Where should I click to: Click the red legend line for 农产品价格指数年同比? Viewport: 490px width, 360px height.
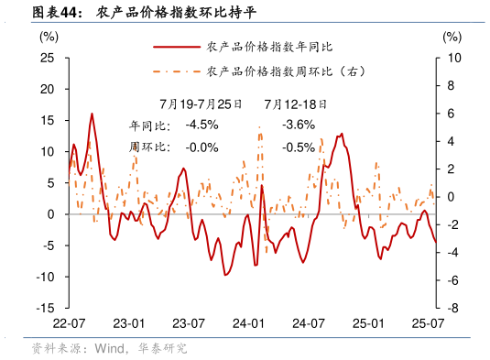click(175, 46)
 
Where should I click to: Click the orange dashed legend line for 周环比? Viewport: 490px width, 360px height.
click(175, 71)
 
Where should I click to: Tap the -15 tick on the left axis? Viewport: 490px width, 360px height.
click(46, 309)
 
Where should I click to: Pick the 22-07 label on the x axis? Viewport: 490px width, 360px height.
click(69, 324)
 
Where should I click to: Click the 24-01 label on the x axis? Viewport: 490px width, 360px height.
click(249, 324)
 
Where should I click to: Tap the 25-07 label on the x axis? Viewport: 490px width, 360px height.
click(428, 324)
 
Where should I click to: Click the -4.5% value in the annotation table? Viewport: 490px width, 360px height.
click(201, 125)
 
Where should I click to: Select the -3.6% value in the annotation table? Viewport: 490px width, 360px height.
click(299, 125)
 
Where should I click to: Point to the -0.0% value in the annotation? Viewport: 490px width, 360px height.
click(201, 147)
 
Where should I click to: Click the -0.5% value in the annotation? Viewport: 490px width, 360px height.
click(299, 147)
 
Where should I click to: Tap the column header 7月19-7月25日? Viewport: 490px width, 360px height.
click(200, 104)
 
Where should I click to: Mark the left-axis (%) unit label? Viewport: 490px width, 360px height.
click(49, 37)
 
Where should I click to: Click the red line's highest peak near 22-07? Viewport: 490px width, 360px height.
click(92, 114)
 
